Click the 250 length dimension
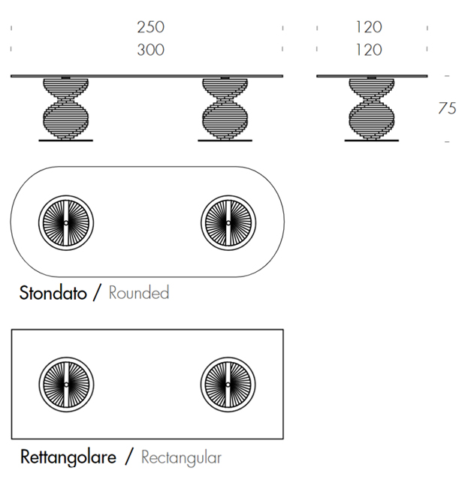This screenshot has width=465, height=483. point(150,27)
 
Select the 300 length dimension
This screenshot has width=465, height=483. point(150,50)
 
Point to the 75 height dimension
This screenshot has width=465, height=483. point(447,108)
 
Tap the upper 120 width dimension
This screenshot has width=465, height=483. point(369,27)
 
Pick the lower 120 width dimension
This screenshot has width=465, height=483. point(369,50)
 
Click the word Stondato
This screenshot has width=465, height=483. point(52,292)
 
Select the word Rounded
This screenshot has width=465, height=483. point(139,292)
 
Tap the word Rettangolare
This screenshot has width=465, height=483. point(67,456)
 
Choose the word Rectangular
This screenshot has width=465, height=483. point(181,456)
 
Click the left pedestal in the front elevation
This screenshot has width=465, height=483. point(67,108)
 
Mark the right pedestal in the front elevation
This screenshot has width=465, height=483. point(225,108)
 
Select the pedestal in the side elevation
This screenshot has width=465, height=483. point(372,108)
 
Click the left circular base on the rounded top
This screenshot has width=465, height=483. point(66,223)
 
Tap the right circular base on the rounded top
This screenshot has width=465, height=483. point(228,223)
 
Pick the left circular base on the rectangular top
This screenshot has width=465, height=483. point(66,384)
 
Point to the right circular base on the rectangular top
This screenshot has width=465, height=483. point(228,384)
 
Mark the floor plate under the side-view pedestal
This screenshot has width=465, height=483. point(372,139)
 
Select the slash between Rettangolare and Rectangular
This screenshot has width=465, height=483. point(130,456)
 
